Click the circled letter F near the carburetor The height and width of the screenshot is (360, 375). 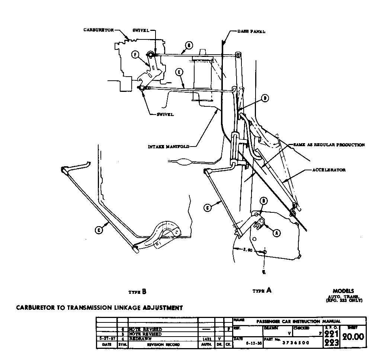click(135, 55)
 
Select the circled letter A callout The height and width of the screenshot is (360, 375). click(276, 232)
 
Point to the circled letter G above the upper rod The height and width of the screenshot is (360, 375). click(189, 46)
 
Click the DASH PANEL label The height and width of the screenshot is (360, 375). click(251, 32)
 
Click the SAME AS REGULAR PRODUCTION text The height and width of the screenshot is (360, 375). click(329, 145)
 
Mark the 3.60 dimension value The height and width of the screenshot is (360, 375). click(248, 250)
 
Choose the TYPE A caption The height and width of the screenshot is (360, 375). click(262, 290)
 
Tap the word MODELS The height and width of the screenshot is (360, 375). click(343, 291)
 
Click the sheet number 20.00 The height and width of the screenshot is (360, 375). click(353, 337)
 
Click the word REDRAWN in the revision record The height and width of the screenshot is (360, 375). click(140, 338)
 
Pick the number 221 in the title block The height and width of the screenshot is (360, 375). click(331, 333)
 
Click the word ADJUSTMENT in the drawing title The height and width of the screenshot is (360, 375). click(153, 308)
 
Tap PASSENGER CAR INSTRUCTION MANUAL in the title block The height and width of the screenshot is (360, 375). click(299, 321)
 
